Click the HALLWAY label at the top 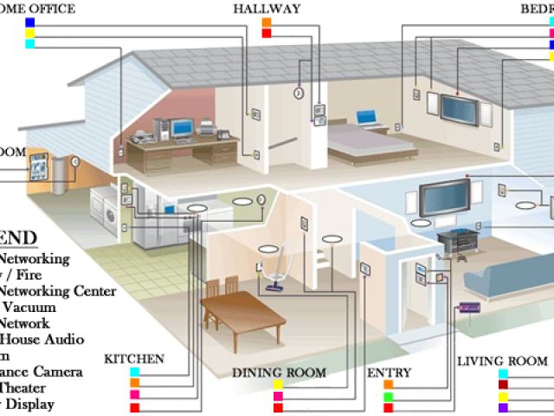tap(266, 9)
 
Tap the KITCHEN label tap(134, 358)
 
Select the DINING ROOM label tap(279, 373)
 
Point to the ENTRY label tap(389, 373)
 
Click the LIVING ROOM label tap(502, 361)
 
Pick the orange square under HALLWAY tap(267, 23)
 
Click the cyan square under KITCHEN tap(135, 371)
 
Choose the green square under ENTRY tap(389, 397)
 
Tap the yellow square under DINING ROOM tap(279, 385)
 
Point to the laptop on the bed tap(366, 117)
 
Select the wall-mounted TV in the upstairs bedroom tap(456, 107)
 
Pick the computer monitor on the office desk tap(183, 128)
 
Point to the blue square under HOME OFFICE tap(30, 23)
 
